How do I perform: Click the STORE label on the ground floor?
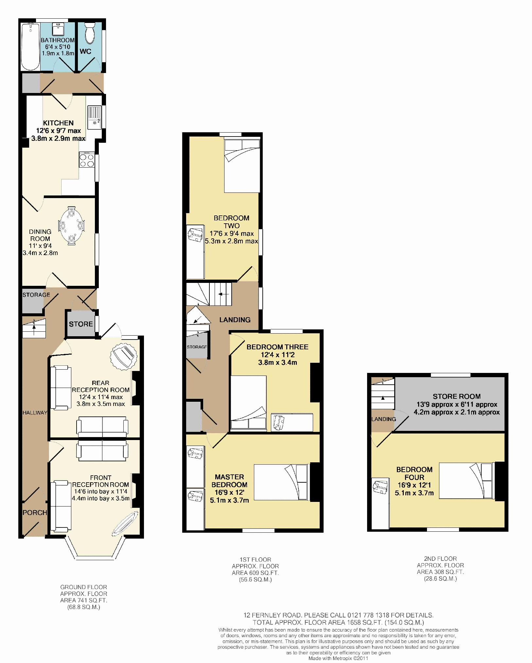click(x=81, y=324)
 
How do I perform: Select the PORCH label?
click(x=35, y=512)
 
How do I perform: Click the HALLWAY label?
click(x=35, y=413)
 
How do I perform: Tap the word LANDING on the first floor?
click(x=235, y=320)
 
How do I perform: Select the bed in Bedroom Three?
click(x=249, y=402)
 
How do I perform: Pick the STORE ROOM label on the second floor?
click(x=456, y=396)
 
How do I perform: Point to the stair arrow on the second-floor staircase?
click(x=382, y=398)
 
